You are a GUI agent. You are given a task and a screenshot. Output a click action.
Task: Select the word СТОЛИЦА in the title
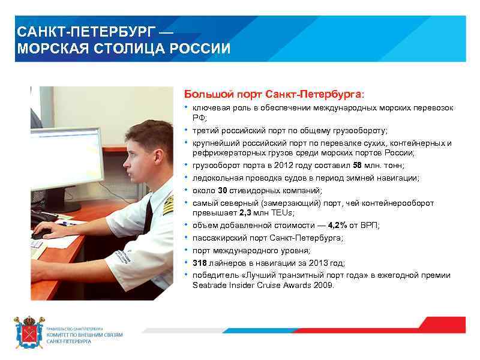coord(140,49)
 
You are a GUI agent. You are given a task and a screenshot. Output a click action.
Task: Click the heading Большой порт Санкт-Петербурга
coord(274,94)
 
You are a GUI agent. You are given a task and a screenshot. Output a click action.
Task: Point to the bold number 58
coord(357,165)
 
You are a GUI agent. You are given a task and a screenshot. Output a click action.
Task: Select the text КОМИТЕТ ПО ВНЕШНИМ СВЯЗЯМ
coord(89,335)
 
